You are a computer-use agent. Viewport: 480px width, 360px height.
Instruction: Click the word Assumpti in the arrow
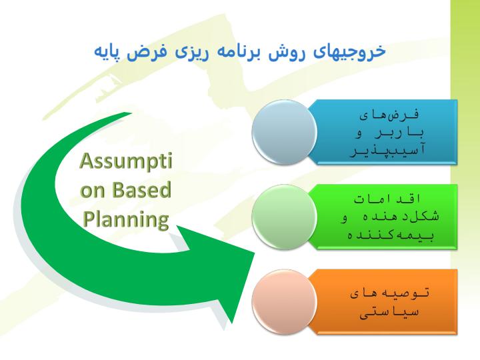click(126, 161)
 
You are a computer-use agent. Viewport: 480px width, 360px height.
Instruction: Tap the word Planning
click(126, 220)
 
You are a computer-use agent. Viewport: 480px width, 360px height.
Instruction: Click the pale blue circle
click(285, 132)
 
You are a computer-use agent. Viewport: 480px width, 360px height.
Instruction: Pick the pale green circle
click(285, 217)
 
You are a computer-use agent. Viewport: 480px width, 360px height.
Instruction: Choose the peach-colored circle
click(285, 302)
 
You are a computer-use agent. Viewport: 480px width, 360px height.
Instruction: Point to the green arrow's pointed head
click(255, 253)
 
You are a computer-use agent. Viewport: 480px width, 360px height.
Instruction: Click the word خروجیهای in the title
click(349, 51)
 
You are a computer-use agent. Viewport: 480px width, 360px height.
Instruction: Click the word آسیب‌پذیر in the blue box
click(387, 151)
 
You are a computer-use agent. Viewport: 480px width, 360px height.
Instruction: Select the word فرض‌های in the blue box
click(389, 115)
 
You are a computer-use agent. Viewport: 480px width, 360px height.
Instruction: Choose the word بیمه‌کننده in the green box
click(390, 235)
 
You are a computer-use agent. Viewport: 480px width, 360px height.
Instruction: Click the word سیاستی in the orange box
click(389, 313)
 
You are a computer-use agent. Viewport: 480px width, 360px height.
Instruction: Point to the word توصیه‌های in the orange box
click(389, 293)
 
